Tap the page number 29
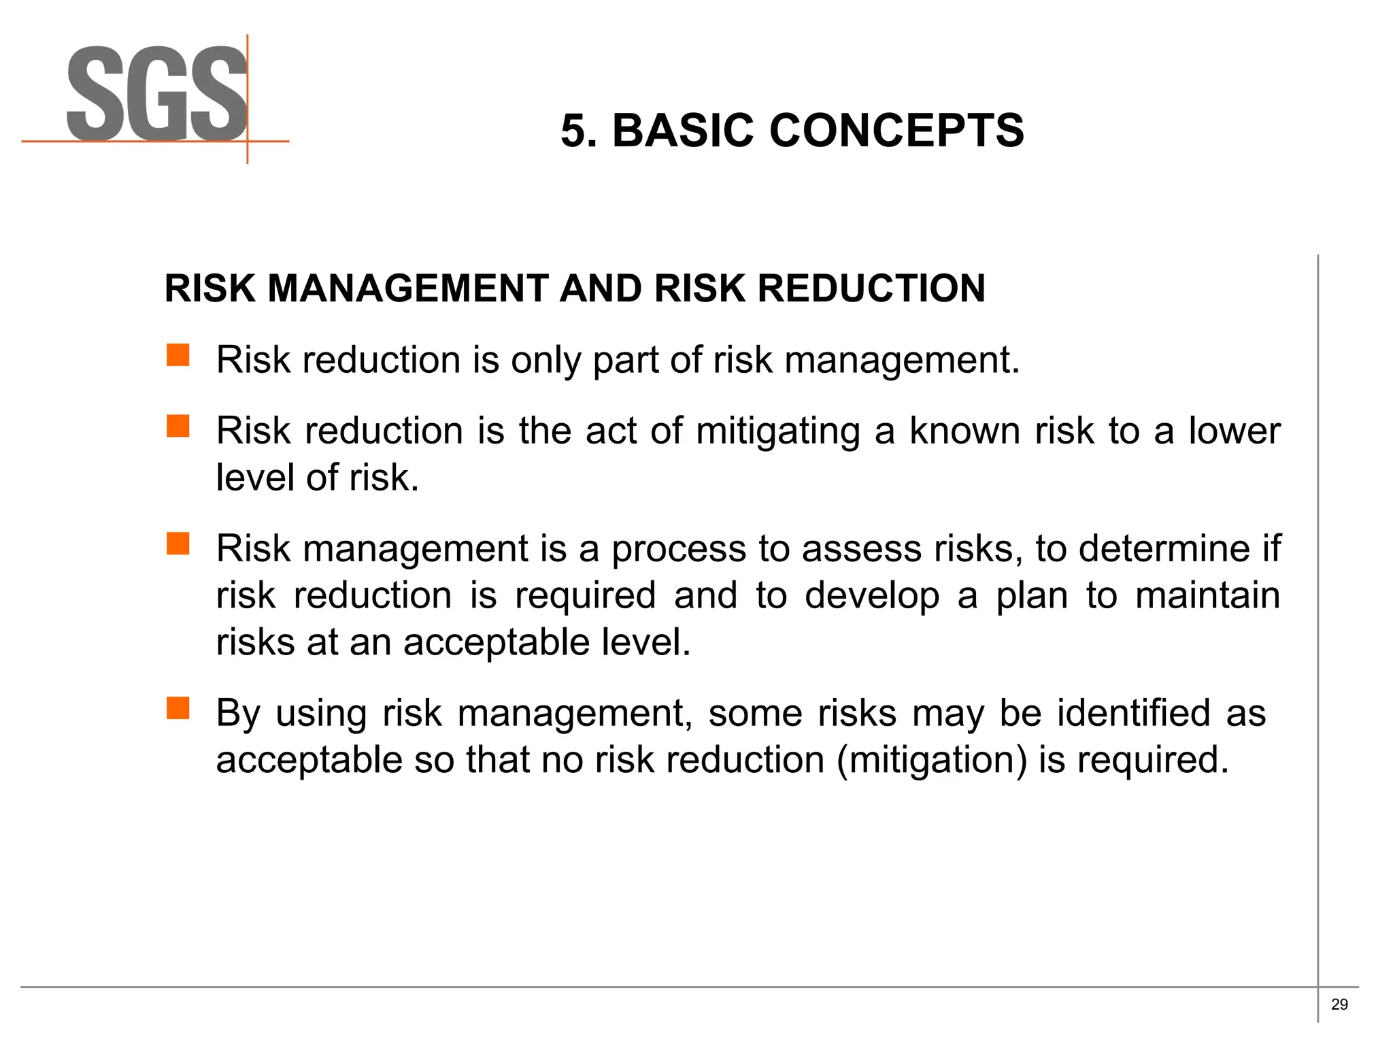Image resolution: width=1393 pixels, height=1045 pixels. coord(1339,1004)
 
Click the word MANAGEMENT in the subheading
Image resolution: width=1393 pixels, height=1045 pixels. coord(407,288)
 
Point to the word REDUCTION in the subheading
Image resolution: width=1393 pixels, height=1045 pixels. coord(871,288)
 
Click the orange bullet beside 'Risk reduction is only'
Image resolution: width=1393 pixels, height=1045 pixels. coord(178,355)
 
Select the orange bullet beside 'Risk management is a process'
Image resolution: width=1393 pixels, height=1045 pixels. coord(178,544)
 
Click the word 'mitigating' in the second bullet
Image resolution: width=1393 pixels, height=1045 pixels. coord(778,431)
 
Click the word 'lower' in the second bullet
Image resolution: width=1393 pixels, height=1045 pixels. coord(1234,431)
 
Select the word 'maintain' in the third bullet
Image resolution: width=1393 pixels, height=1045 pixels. coord(1207,595)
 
